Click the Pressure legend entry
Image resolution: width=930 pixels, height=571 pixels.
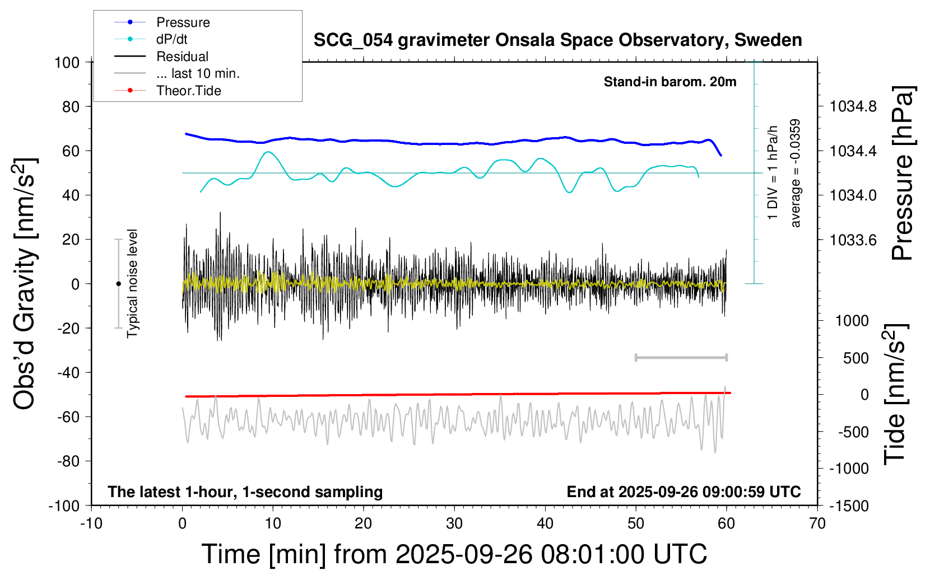tap(183, 22)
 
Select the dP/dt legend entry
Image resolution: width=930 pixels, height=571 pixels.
tap(171, 39)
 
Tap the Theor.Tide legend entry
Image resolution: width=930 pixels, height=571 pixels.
tap(188, 91)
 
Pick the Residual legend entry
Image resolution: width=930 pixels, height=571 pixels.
tap(182, 57)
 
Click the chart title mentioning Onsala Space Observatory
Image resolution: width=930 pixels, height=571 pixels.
tap(557, 40)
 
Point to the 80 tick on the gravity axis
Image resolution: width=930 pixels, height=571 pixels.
tap(71, 106)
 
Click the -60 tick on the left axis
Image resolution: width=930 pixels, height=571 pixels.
tap(68, 416)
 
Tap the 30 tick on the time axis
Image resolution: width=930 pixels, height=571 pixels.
tap(454, 524)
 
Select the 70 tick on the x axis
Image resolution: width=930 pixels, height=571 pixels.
tap(817, 524)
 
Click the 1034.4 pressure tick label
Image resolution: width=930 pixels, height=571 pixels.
tap(853, 151)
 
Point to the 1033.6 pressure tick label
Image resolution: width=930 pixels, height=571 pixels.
tap(853, 240)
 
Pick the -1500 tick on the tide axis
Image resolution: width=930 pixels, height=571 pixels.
tap(849, 506)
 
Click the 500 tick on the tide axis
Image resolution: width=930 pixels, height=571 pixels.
tap(856, 358)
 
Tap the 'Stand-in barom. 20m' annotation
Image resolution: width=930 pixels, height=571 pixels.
tap(670, 82)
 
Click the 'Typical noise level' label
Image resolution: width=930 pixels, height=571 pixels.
tap(132, 283)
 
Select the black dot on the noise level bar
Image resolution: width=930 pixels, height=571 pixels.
tap(118, 284)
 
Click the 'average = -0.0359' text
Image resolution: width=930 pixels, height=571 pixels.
tap(795, 174)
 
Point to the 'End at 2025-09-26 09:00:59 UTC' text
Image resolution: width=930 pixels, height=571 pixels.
tap(683, 492)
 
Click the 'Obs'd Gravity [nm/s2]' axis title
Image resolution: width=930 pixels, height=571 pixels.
tap(25, 284)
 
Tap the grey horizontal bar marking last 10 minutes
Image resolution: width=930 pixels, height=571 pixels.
tap(681, 357)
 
